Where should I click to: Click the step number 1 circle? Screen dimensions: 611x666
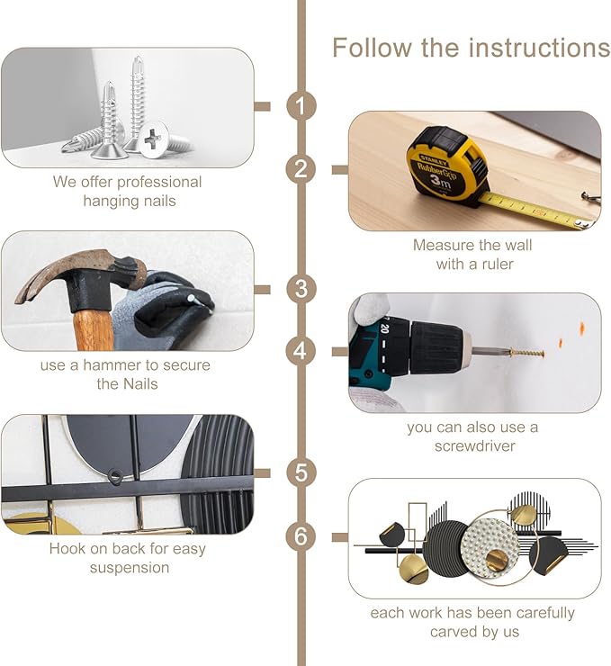(x=301, y=106)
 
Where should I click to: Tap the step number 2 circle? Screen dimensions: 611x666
(x=301, y=169)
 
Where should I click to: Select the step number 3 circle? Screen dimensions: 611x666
(x=301, y=289)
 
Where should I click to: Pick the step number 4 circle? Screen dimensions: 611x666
(x=301, y=351)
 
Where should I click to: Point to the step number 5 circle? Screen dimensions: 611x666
(x=301, y=472)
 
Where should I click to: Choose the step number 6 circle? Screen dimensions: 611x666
(x=301, y=536)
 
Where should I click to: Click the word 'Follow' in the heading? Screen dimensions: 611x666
(x=372, y=47)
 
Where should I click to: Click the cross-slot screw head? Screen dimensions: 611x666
(x=153, y=139)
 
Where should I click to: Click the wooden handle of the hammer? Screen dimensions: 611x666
(x=94, y=330)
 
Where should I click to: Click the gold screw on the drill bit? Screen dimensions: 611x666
(x=527, y=353)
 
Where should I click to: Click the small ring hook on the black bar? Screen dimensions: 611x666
(x=114, y=476)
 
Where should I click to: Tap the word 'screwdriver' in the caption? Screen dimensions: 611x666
(x=475, y=446)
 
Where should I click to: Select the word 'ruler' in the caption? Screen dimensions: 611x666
(x=497, y=265)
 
